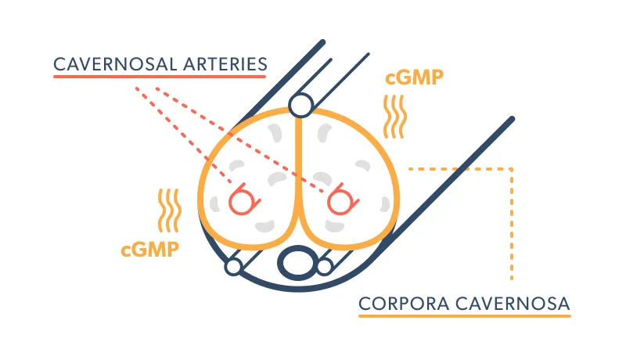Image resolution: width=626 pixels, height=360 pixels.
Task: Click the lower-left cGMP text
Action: pos(151,250)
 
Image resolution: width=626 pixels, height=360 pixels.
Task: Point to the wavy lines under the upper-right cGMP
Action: pos(398,116)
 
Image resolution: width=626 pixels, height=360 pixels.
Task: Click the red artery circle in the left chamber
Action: pos(242,200)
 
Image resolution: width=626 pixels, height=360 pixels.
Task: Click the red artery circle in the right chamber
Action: pos(340,200)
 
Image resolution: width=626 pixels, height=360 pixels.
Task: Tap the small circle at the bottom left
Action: pos(232,267)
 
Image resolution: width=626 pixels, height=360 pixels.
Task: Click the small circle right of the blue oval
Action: pos(325,267)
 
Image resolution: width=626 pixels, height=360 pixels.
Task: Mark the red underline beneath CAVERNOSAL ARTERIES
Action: pos(160,78)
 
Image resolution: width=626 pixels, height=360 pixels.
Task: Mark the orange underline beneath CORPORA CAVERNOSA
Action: pos(465,316)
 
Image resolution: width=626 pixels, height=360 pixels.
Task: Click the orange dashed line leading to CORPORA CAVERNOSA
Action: pos(512,227)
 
